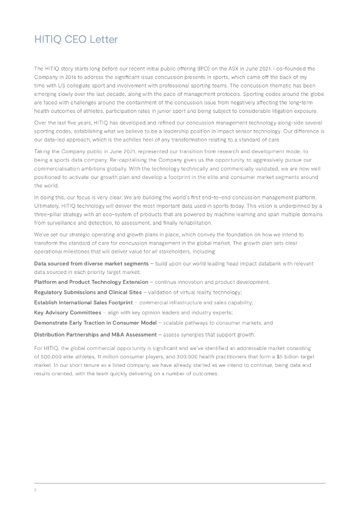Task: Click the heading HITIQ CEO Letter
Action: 76,39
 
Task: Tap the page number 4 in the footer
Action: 35,489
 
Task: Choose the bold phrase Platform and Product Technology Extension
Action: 90,282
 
